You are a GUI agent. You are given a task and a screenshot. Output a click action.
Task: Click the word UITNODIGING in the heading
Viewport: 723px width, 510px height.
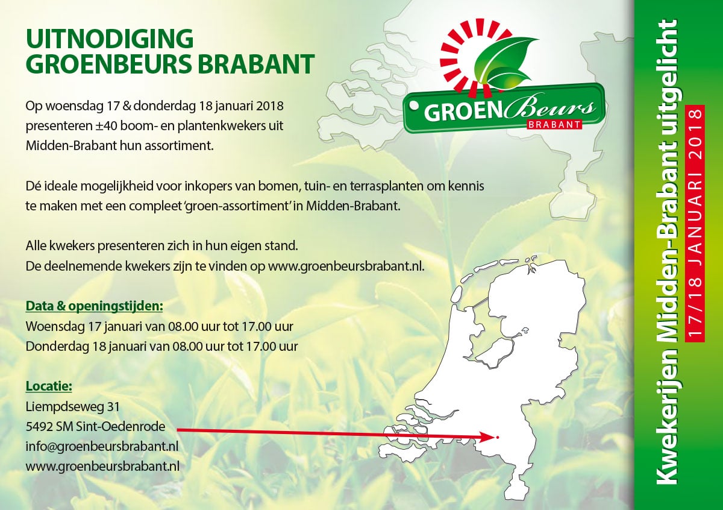click(110, 39)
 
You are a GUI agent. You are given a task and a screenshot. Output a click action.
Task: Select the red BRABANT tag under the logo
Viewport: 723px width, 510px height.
click(554, 125)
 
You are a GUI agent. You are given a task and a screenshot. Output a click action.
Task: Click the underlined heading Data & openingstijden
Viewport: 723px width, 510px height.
click(94, 306)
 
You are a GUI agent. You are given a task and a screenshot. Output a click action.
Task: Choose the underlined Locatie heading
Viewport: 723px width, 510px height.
click(49, 386)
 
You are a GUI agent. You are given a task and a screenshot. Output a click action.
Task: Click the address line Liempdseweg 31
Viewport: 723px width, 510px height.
click(73, 407)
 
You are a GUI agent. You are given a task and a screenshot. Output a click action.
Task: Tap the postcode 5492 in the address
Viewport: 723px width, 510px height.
click(39, 427)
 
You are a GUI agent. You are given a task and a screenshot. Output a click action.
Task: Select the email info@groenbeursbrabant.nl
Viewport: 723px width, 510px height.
click(102, 447)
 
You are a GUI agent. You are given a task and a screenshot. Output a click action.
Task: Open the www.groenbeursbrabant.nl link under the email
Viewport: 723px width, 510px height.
click(102, 467)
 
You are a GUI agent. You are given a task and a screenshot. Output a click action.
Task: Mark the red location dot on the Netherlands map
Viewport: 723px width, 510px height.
click(498, 437)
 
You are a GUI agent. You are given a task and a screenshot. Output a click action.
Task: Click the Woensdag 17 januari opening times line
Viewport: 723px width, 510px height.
click(160, 326)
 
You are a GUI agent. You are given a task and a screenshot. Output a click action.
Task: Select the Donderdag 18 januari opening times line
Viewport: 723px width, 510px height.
click(161, 346)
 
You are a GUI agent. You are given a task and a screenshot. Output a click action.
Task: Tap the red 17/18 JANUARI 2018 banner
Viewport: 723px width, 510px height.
click(694, 223)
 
